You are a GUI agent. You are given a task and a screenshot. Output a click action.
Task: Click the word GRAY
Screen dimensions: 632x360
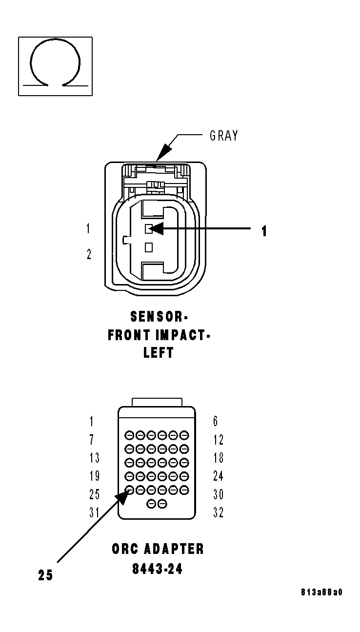coord(224,135)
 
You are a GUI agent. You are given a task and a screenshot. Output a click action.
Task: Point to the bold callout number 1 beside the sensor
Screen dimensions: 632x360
coord(264,231)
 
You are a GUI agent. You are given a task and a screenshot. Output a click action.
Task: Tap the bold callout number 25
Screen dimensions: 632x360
coord(45,575)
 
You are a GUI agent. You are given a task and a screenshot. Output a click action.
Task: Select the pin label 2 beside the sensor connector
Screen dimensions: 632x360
coord(89,254)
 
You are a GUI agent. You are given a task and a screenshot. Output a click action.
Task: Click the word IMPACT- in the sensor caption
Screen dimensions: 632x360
coord(183,335)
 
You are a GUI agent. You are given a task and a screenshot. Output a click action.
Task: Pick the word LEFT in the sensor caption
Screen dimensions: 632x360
coord(159,353)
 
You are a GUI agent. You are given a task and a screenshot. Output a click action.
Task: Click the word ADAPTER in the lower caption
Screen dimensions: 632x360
coord(174,549)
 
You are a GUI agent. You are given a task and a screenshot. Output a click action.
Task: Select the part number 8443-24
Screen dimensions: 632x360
coord(157,569)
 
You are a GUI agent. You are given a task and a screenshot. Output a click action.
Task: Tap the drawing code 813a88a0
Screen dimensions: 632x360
coord(322,592)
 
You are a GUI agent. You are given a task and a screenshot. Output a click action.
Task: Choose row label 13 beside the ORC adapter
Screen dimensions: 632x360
coord(94,458)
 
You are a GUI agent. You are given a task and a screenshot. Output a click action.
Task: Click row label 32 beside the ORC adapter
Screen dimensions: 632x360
coord(218,513)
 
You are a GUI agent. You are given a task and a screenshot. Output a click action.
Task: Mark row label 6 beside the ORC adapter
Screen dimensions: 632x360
coord(216,421)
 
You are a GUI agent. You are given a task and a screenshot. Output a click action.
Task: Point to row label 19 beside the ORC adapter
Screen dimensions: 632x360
coord(94,476)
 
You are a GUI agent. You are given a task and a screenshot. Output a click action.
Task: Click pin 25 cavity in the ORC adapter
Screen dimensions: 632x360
coord(130,489)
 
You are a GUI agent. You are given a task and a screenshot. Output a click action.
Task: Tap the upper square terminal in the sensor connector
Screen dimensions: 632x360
coord(149,228)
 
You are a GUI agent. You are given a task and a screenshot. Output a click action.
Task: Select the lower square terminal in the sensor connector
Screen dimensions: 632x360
coord(149,247)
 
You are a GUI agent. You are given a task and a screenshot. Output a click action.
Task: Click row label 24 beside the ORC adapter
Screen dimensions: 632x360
coord(218,476)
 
